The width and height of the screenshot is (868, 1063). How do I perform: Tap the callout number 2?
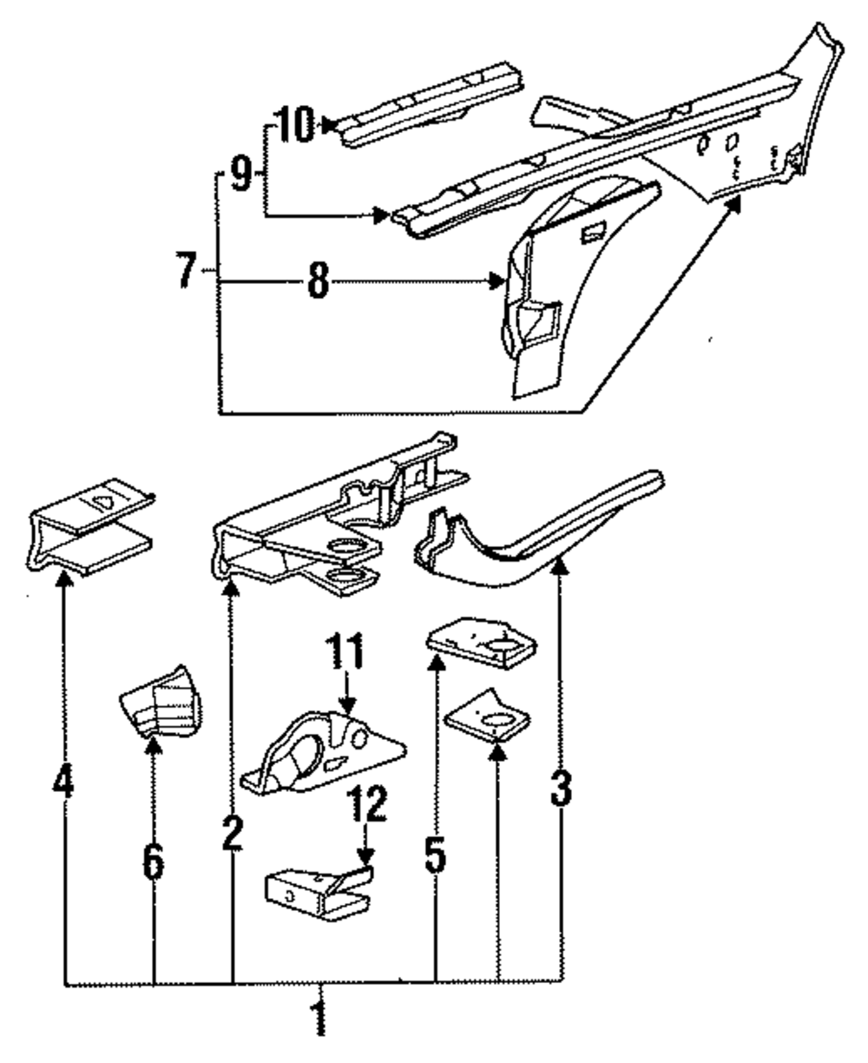(x=231, y=834)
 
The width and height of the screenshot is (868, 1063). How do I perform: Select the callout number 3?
(x=561, y=789)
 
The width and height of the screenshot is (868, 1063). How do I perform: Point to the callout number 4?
(x=62, y=785)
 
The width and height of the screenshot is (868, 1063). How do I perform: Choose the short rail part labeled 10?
(x=430, y=102)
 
